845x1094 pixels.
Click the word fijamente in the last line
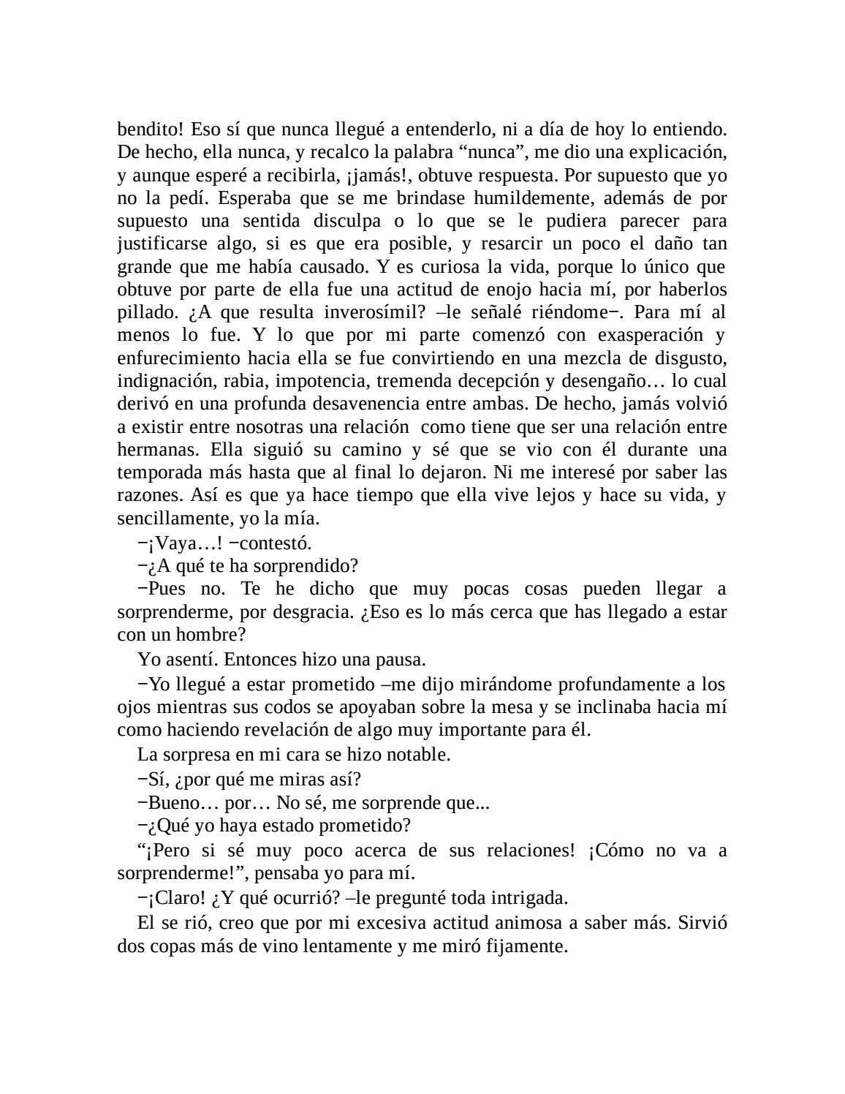point(523,946)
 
